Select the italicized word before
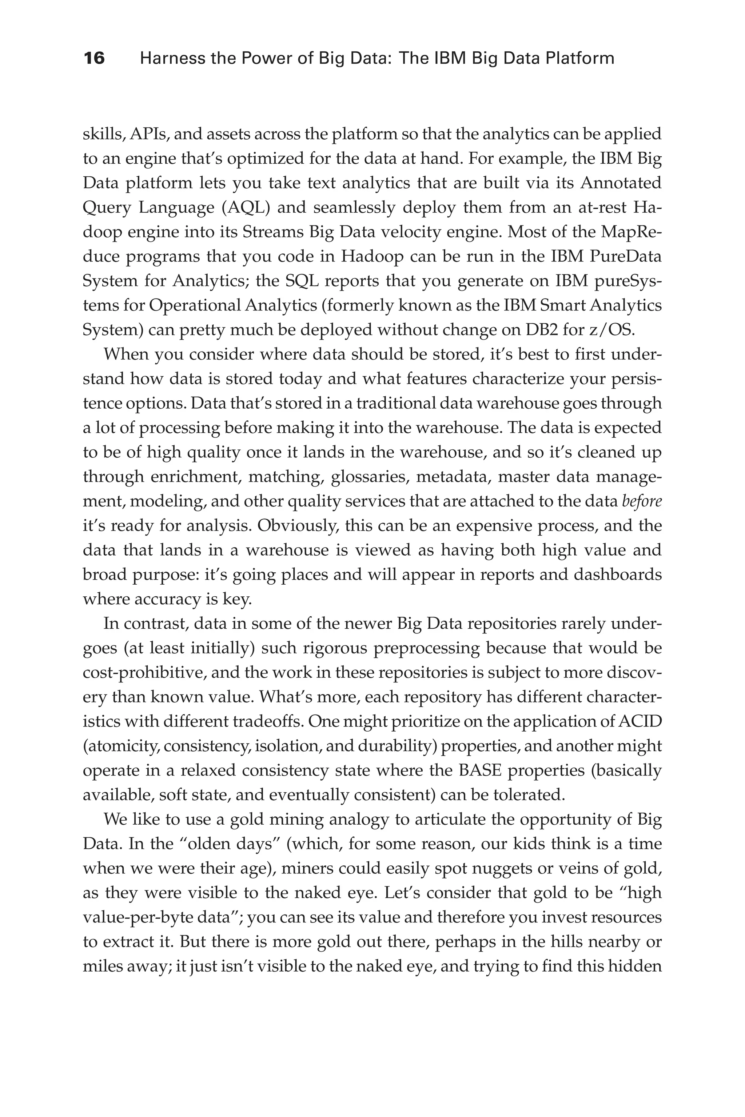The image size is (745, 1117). [x=641, y=501]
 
